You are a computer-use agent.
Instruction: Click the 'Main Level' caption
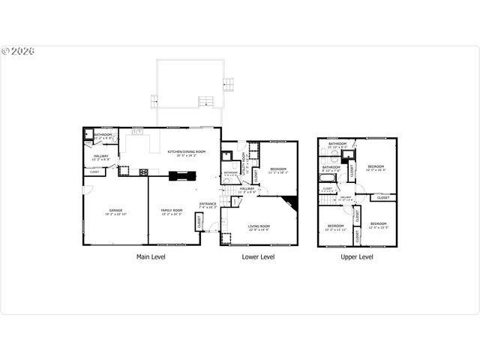click(151, 256)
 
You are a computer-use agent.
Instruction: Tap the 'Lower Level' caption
click(258, 256)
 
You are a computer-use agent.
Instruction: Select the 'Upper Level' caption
click(357, 256)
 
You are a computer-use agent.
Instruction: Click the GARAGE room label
click(115, 212)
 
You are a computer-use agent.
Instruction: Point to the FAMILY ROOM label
click(171, 212)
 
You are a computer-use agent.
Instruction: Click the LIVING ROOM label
click(259, 227)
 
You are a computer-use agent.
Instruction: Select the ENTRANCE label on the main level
click(208, 205)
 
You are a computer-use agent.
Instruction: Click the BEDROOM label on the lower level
click(277, 170)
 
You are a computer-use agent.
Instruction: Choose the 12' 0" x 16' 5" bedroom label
click(376, 167)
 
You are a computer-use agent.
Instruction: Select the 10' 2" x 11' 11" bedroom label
click(335, 226)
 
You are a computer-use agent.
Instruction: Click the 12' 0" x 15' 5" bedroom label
click(378, 225)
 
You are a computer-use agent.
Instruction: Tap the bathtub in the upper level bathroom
click(328, 178)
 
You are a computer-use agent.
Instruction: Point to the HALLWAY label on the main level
click(100, 157)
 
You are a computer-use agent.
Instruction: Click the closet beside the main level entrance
click(199, 223)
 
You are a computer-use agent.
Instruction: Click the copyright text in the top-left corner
click(18, 52)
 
